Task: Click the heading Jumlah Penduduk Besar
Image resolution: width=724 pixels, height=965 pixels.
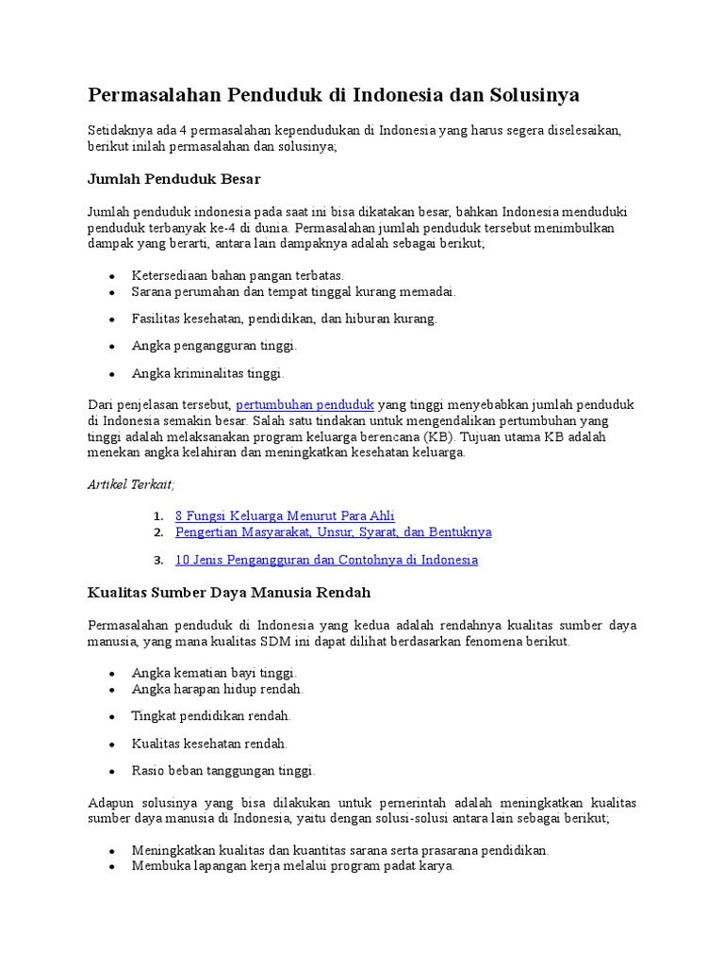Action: coord(173,178)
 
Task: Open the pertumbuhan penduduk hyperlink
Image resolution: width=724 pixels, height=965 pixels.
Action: coord(305,404)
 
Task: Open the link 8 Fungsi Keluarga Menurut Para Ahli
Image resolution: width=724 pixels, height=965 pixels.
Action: coord(285,515)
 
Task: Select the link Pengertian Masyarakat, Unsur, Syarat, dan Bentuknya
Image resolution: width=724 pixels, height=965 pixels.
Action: coord(333,532)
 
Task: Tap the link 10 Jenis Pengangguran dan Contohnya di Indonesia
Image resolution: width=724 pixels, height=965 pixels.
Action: coord(326,560)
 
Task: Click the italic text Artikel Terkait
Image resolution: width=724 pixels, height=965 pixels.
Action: coord(131,483)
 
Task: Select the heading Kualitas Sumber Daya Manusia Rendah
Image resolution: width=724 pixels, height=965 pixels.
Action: coord(229,593)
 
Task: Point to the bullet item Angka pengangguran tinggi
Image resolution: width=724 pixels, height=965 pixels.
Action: coord(214,346)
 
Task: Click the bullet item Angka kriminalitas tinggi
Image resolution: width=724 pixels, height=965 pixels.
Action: coord(207,373)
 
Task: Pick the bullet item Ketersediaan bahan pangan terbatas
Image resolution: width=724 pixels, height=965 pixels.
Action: coord(238,275)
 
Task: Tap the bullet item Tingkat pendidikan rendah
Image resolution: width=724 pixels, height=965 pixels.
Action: coord(211,716)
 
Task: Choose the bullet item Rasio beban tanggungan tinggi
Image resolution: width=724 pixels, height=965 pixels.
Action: coord(223,771)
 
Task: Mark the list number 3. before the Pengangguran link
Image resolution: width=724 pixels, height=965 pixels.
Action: coord(158,560)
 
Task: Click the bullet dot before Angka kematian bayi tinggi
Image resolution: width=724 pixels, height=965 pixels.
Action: coord(112,674)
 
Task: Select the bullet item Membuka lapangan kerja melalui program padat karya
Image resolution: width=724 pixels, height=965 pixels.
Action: coord(292,865)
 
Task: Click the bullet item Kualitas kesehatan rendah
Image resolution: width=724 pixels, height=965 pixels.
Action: coord(209,744)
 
